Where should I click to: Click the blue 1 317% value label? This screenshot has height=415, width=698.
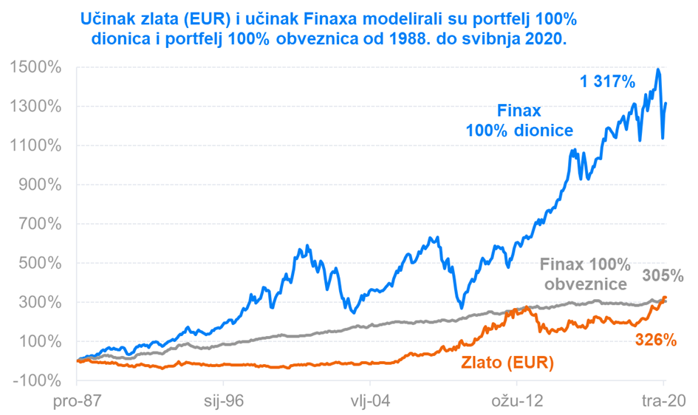(x=608, y=83)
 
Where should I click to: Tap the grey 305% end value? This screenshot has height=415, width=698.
(x=663, y=276)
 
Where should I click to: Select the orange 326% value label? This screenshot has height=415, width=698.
(x=656, y=340)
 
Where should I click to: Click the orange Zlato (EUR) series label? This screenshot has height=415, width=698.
(x=509, y=363)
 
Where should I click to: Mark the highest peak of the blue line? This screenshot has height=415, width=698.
(x=657, y=69)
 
